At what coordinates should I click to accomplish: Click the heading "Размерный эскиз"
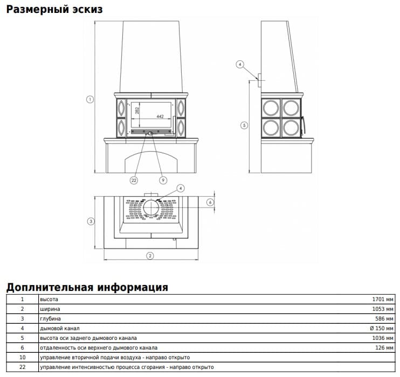(54, 10)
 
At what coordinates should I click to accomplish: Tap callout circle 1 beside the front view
(90, 99)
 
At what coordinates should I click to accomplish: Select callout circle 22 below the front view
(134, 180)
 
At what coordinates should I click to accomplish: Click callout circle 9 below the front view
(163, 180)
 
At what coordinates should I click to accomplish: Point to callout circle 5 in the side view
(244, 125)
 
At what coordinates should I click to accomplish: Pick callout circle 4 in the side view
(240, 65)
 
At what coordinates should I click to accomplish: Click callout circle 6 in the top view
(210, 202)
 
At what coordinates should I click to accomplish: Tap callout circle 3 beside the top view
(91, 221)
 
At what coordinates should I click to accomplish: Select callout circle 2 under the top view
(150, 256)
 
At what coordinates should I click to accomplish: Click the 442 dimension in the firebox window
(160, 116)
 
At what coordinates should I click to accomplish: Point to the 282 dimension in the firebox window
(137, 110)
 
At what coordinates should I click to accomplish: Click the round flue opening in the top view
(151, 208)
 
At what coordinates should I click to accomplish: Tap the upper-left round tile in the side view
(271, 108)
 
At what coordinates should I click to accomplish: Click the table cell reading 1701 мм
(383, 300)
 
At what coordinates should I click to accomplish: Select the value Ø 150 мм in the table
(382, 329)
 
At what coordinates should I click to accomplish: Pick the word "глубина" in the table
(50, 319)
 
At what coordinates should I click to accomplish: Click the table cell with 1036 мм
(383, 338)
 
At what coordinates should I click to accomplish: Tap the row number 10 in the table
(23, 358)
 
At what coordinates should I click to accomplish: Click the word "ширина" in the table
(50, 309)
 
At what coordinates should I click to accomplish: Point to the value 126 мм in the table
(384, 348)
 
